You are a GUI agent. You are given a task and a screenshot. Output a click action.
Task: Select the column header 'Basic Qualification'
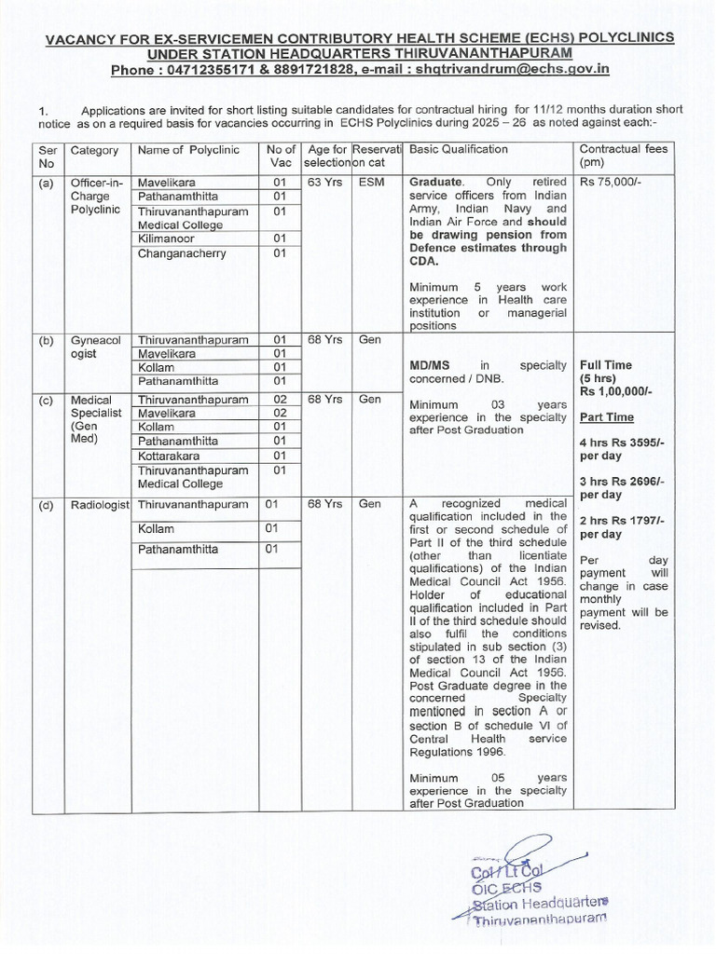[459, 149]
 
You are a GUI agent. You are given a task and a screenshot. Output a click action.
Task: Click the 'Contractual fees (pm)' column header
[624, 156]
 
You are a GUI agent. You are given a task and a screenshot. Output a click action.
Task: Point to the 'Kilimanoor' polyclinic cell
[167, 239]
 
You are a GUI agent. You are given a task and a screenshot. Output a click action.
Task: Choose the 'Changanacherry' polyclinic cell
[182, 254]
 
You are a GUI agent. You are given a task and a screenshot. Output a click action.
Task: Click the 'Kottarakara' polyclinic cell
[172, 456]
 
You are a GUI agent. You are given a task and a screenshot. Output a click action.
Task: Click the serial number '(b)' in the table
[46, 341]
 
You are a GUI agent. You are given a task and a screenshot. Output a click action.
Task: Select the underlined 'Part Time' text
[607, 417]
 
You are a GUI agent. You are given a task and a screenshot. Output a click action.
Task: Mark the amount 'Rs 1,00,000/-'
[616, 392]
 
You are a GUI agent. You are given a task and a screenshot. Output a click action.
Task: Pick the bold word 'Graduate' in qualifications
[435, 182]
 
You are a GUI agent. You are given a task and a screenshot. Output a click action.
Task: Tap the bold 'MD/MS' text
[430, 366]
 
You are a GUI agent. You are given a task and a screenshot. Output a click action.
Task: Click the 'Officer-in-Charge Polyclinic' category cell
[97, 198]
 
